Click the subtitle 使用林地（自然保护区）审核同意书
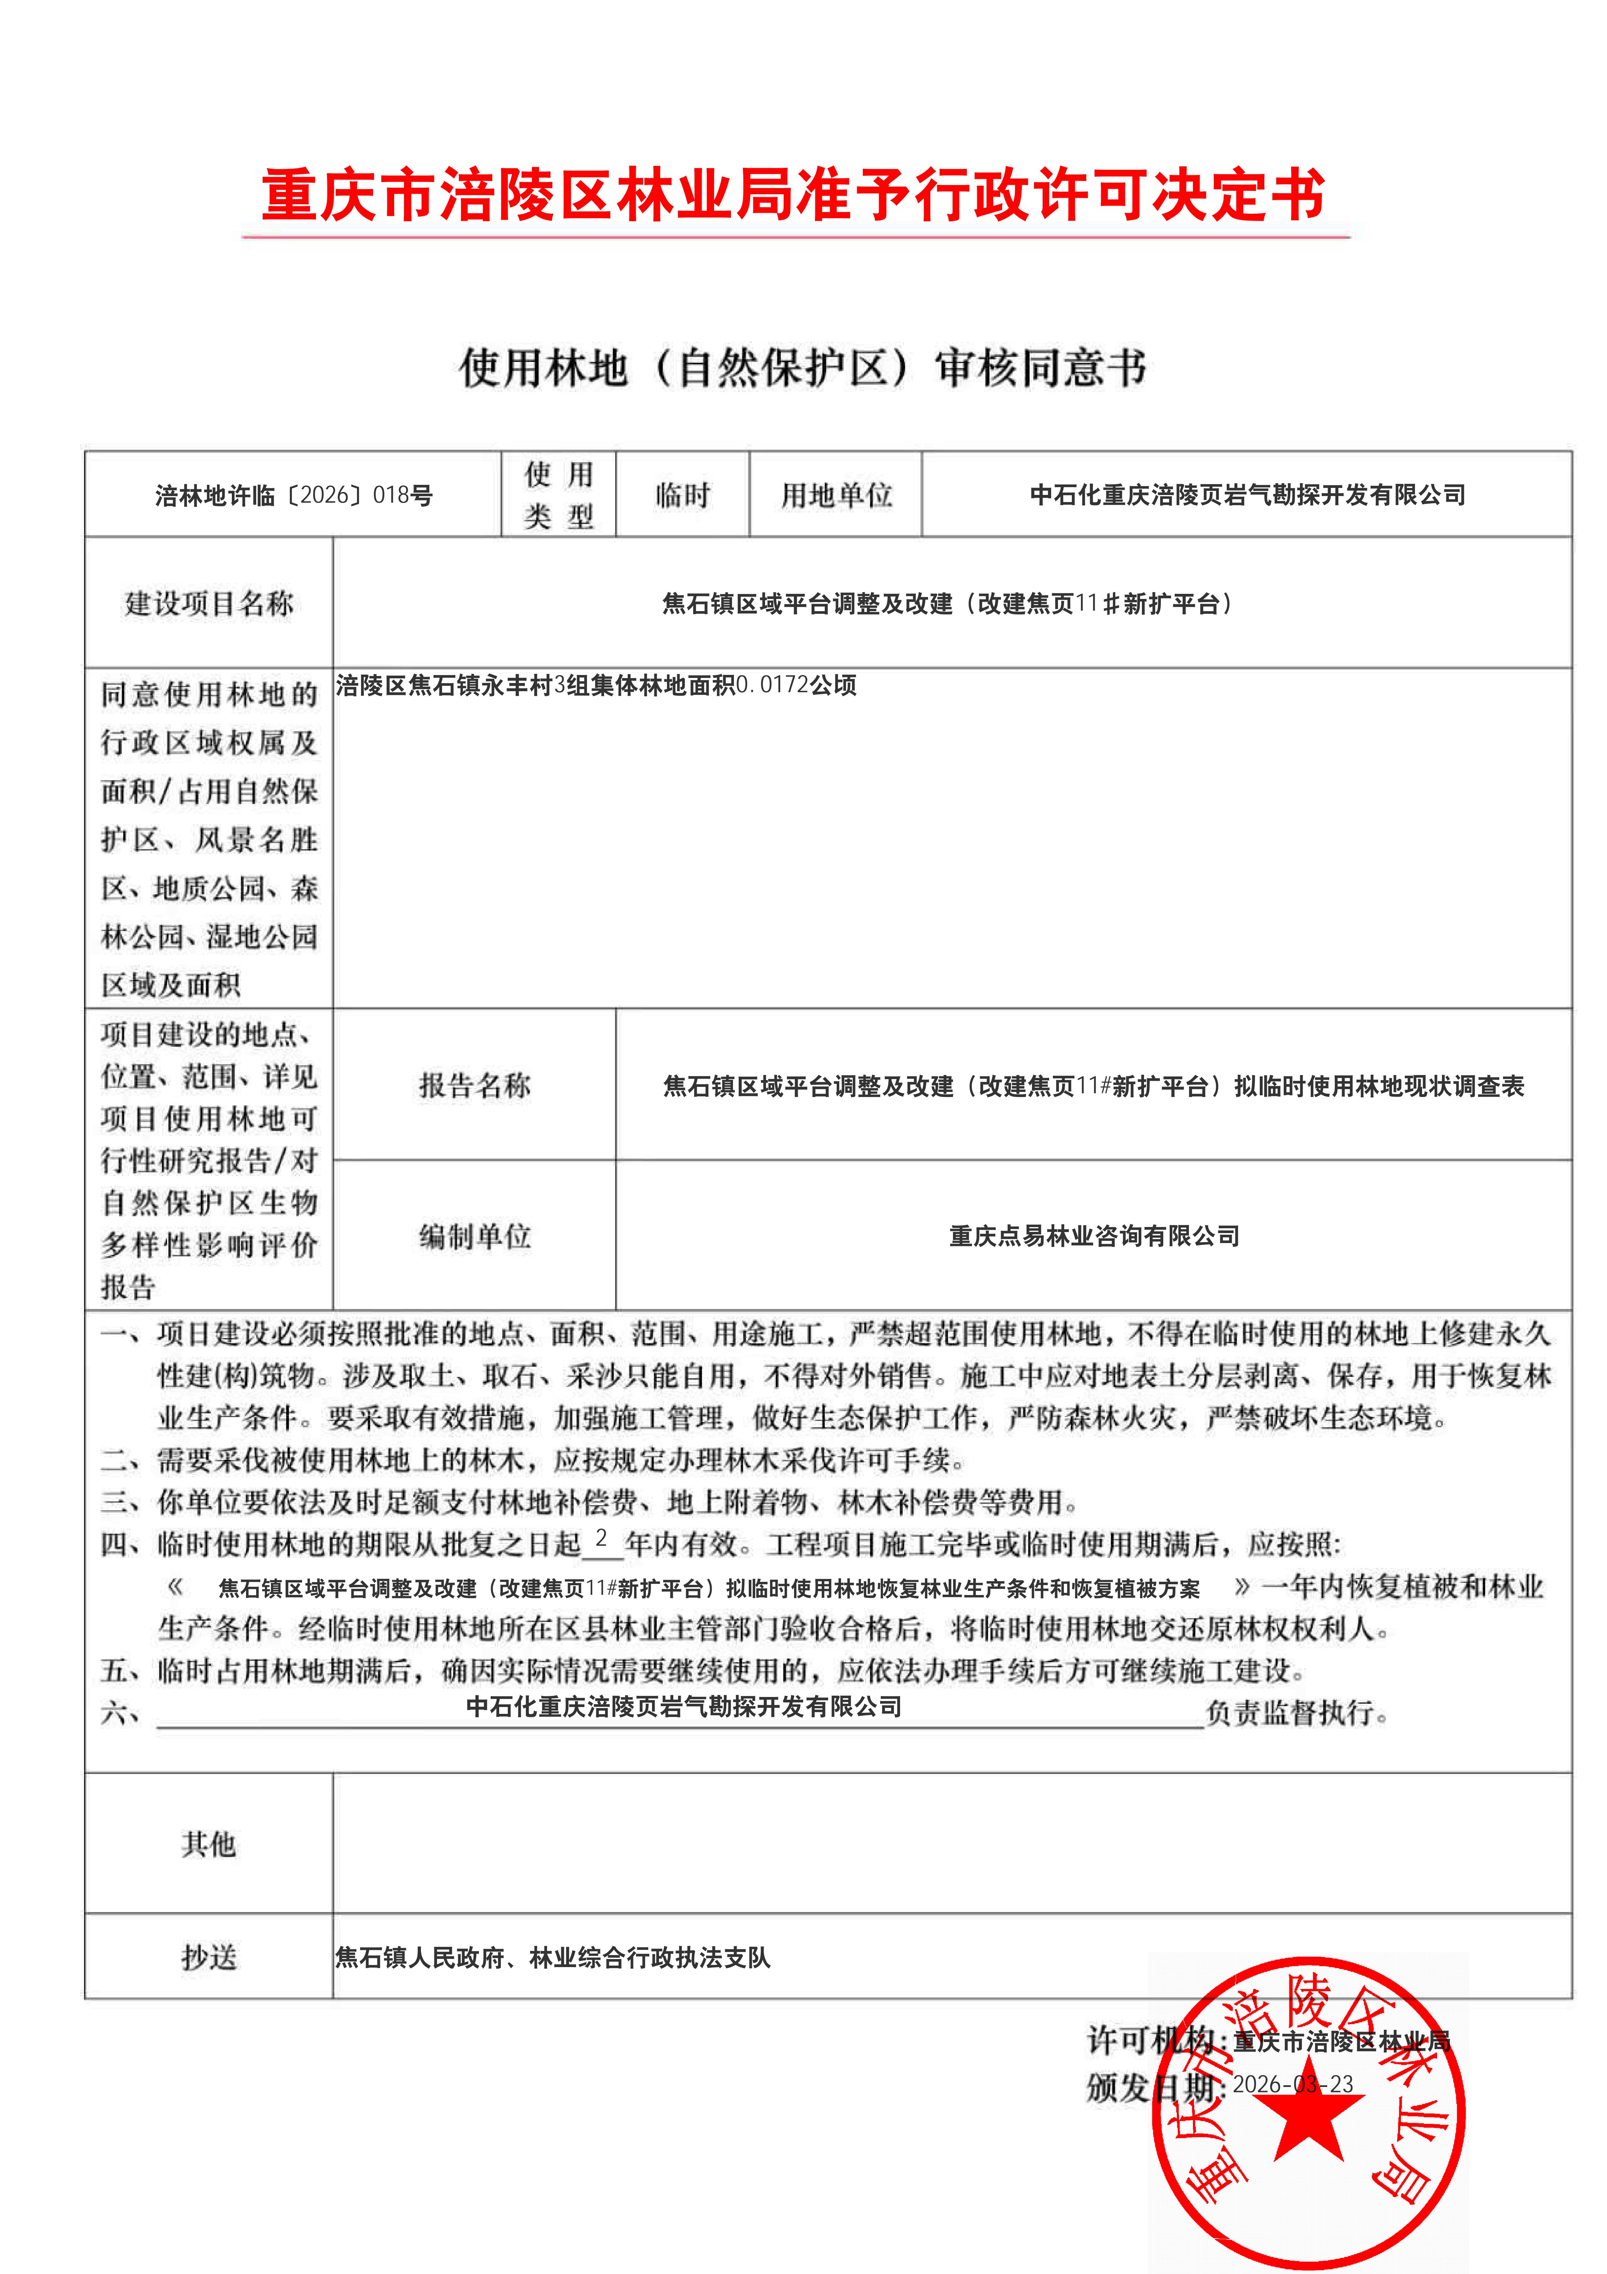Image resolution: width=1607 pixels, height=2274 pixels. pos(802,367)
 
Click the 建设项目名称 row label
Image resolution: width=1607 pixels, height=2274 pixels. pos(209,603)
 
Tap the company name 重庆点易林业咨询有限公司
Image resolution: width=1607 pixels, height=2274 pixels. pos(1094,1236)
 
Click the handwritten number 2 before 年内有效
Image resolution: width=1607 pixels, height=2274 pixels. pos(601,1538)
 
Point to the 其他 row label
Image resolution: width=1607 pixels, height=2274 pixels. pos(209,1844)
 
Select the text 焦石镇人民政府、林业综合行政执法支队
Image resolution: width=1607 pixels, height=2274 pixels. pos(552,1958)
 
